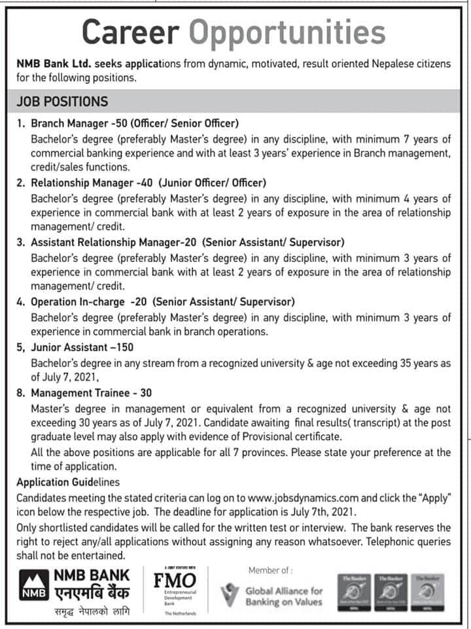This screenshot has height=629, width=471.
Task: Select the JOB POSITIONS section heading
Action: pyautogui.click(x=62, y=102)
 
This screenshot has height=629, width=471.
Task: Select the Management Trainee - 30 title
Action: pyautogui.click(x=91, y=393)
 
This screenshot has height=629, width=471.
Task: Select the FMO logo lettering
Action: pyautogui.click(x=175, y=581)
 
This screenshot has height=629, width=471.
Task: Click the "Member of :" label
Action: pyautogui.click(x=270, y=570)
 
